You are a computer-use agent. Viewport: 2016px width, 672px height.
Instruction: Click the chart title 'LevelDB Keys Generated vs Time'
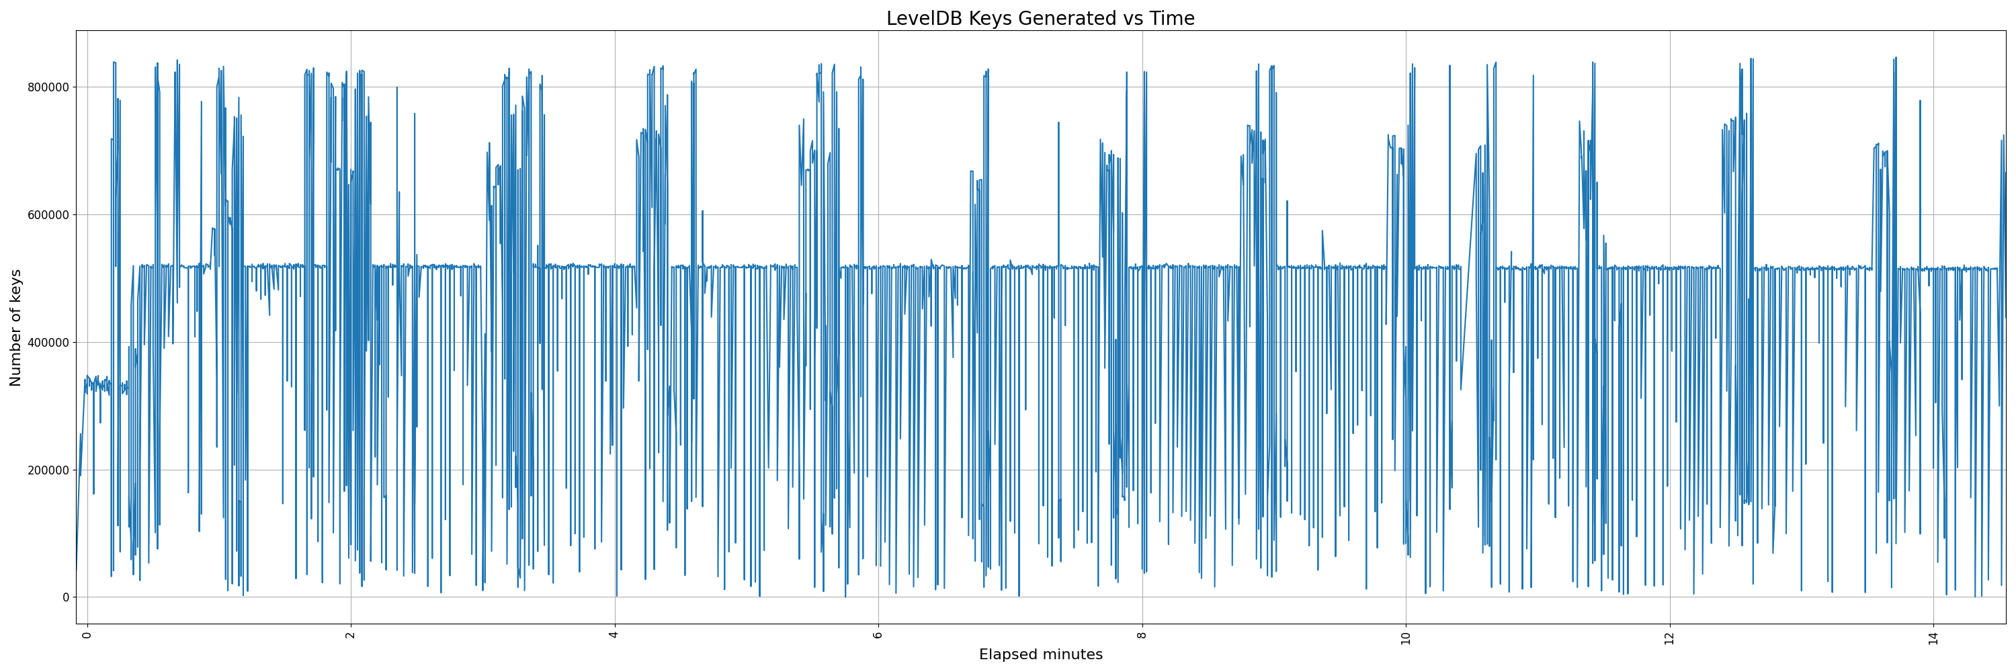pos(1040,18)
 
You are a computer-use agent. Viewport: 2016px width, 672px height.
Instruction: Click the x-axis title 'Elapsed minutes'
pos(1040,655)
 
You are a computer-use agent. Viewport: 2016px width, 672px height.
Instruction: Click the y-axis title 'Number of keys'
pos(15,328)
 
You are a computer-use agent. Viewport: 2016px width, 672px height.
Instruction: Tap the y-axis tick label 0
pos(66,597)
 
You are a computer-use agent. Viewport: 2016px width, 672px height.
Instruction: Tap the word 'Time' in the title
pos(1171,18)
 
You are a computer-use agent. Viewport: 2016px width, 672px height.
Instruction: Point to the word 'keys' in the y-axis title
pos(15,287)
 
